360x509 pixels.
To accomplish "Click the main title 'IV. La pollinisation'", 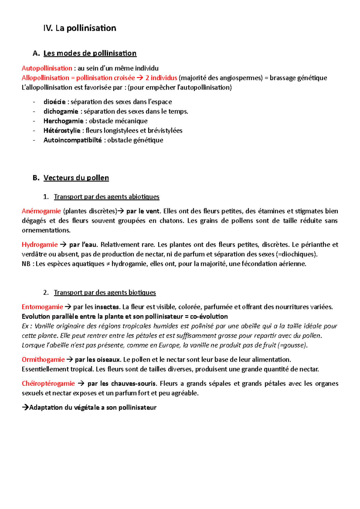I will [79, 28].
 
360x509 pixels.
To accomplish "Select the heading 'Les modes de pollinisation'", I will [90, 53].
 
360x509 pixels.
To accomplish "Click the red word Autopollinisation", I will [47, 68].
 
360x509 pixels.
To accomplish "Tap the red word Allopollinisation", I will [45, 78].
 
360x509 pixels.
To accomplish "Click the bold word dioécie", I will [54, 102].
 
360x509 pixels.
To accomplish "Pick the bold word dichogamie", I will [61, 112].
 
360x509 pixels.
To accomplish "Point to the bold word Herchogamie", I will [63, 121].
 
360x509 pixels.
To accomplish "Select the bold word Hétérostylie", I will [62, 131].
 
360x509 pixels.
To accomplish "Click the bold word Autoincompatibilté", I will [73, 140].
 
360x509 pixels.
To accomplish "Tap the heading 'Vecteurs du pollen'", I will [76, 178].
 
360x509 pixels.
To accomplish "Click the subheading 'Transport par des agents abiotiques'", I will [106, 197].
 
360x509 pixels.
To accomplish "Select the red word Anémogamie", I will [41, 211].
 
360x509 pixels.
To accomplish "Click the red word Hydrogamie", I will [40, 245].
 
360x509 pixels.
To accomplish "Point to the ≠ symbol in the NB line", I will [108, 264].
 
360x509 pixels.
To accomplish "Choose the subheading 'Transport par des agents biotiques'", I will [105, 293].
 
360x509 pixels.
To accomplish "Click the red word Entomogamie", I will [42, 307].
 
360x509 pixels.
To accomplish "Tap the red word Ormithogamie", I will [43, 360].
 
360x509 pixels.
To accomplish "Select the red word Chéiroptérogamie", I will [48, 384].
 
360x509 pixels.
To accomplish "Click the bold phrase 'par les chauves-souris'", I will [122, 384].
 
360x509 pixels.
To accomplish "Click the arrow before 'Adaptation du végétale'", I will [25, 408].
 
